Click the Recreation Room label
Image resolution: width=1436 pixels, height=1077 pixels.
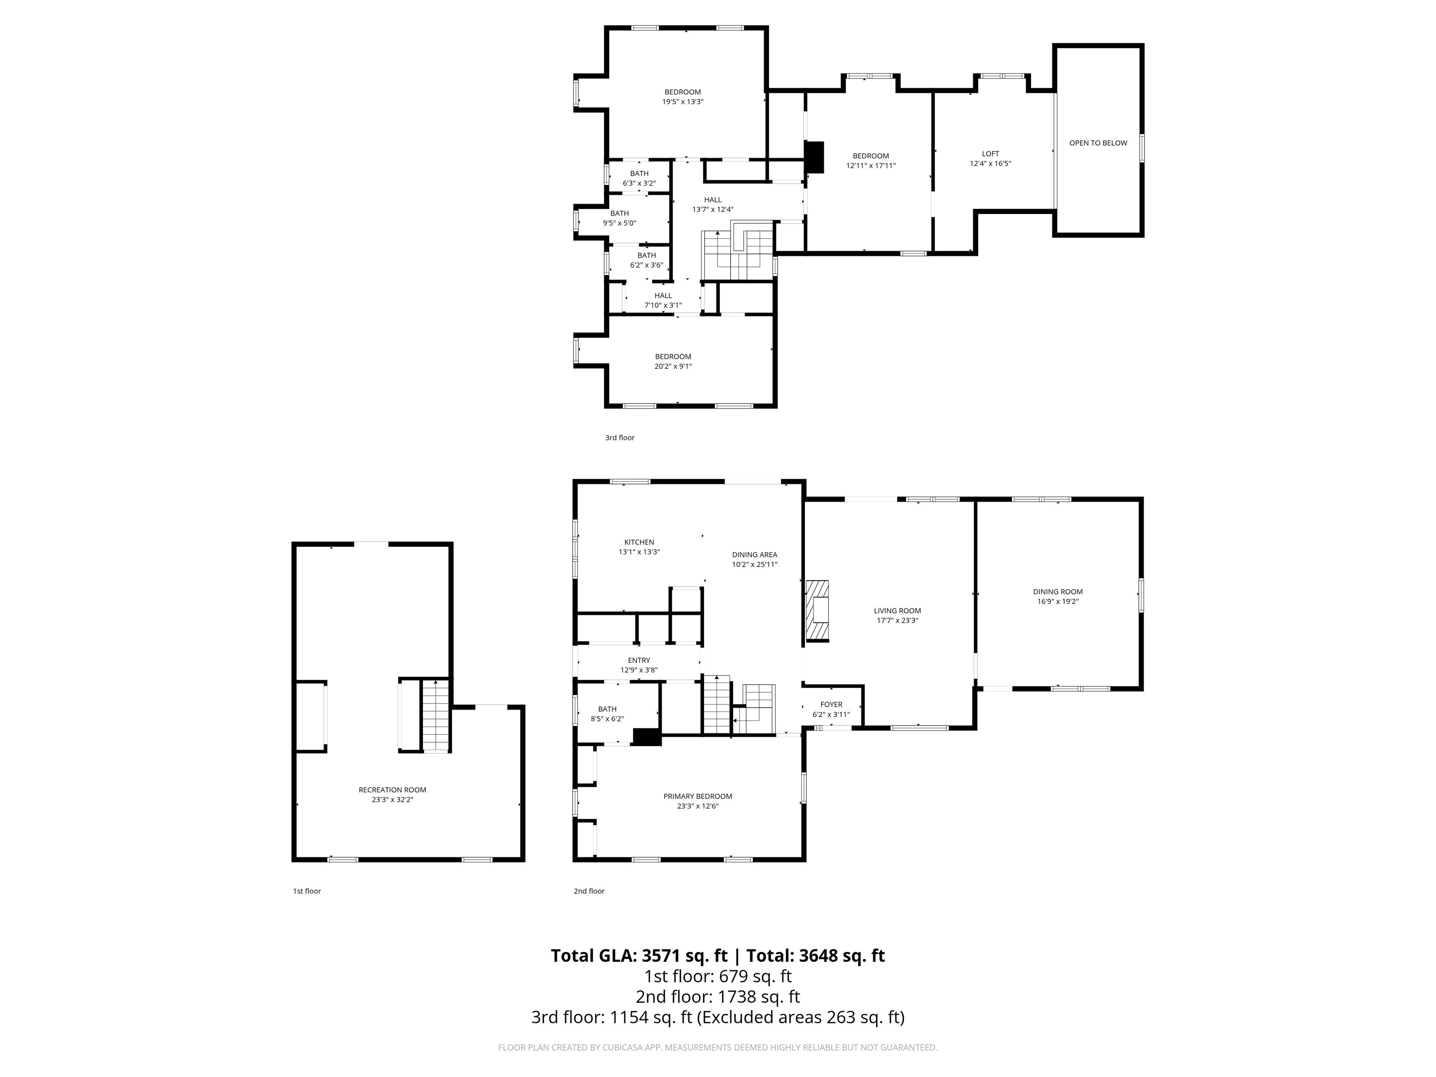[x=392, y=795]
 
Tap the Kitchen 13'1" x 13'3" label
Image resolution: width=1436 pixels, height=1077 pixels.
[x=639, y=546]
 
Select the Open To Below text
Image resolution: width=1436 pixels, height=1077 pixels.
[x=1098, y=143]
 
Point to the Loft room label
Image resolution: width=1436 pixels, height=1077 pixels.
[x=990, y=158]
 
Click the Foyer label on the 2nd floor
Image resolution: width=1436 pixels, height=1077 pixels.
[x=831, y=709]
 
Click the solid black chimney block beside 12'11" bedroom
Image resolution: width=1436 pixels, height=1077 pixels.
[x=814, y=157]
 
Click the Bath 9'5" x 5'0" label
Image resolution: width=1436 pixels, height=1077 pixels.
[x=619, y=217]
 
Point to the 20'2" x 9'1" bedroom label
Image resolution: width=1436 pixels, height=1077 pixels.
[x=673, y=361]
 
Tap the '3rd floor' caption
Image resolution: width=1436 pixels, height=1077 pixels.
[x=619, y=438]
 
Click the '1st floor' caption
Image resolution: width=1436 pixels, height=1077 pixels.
[x=307, y=890]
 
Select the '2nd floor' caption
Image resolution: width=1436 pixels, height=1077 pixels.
[x=589, y=890]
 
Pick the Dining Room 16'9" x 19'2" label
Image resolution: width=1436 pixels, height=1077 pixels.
[x=1057, y=596]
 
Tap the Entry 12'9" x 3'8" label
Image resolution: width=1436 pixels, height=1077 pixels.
[x=639, y=665]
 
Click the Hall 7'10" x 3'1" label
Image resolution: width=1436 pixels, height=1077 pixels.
[x=663, y=300]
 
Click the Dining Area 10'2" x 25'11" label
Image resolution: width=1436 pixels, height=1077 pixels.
[x=754, y=559]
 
